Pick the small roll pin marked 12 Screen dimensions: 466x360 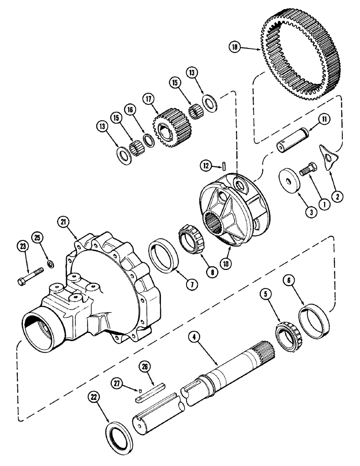point(225,165)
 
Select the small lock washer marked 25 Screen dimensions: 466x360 point(50,266)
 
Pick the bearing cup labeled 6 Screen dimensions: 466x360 point(315,322)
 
